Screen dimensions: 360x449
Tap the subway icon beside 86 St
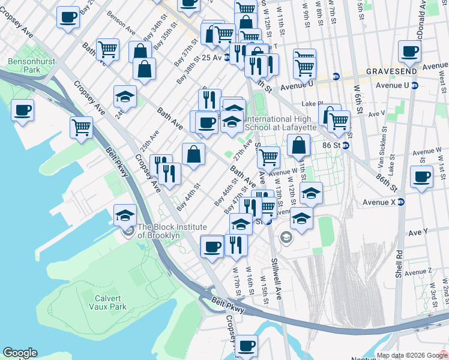[346, 145]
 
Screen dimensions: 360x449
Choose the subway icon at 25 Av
[228, 58]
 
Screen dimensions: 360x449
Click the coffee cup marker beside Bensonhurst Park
[22, 110]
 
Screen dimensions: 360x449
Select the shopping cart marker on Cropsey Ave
[81, 127]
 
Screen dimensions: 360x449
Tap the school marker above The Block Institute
[125, 215]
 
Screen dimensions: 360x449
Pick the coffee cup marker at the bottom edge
[246, 346]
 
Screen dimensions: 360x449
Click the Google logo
[20, 353]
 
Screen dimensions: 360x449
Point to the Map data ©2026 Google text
[412, 355]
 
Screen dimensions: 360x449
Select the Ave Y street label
[417, 232]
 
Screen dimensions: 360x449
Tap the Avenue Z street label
[418, 273]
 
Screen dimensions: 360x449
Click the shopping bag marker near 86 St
[298, 145]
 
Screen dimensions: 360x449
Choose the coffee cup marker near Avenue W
[421, 177]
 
